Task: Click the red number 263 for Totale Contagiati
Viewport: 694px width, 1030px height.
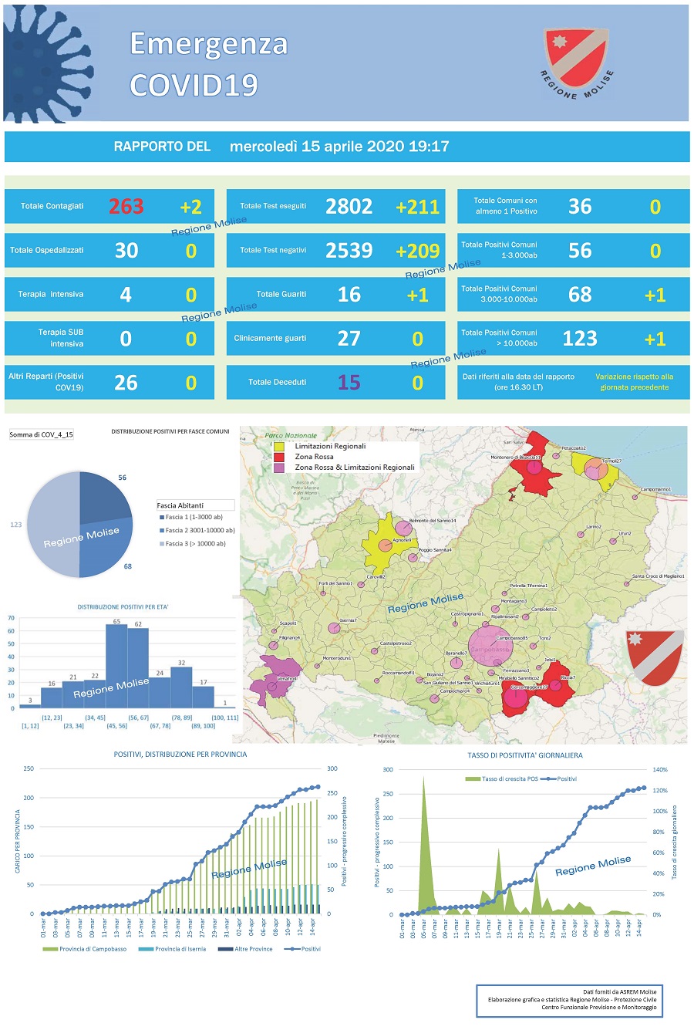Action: click(x=126, y=207)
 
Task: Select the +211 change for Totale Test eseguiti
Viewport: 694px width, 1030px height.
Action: click(x=417, y=207)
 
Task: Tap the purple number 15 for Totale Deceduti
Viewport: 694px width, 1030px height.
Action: click(x=349, y=383)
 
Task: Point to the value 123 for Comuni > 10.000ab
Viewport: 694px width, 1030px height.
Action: click(x=580, y=339)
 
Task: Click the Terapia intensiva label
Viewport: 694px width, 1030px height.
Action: click(x=51, y=295)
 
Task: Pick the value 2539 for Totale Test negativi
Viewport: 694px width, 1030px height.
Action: click(x=349, y=251)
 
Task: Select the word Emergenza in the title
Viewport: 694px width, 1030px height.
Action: click(x=208, y=44)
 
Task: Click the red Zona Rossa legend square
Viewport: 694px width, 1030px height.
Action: click(x=279, y=457)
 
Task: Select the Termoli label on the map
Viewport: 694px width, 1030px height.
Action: click(x=611, y=461)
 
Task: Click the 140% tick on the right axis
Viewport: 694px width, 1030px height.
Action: click(x=659, y=770)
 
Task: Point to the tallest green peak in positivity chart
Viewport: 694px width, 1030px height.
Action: click(x=423, y=779)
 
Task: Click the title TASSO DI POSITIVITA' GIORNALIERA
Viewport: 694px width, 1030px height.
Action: click(x=524, y=755)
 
